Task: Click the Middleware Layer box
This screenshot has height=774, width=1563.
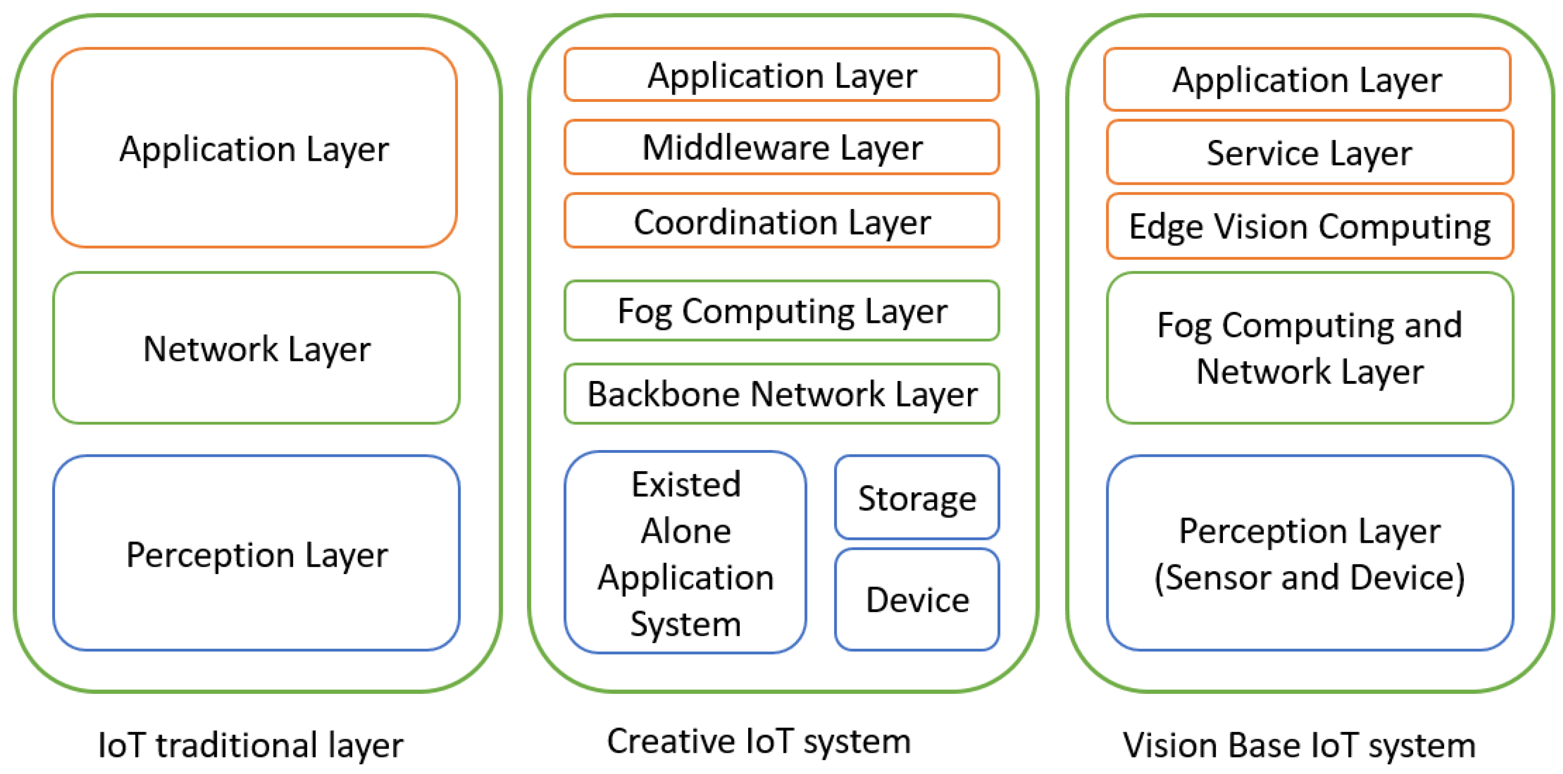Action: point(781,147)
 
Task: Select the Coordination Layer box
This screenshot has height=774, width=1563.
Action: point(781,222)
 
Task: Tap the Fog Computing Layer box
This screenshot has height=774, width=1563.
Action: point(781,310)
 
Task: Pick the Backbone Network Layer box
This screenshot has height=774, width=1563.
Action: point(781,394)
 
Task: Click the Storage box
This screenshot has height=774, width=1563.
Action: point(917,498)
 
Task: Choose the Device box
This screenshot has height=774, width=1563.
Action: point(917,599)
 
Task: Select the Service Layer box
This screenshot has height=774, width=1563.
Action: point(1309,152)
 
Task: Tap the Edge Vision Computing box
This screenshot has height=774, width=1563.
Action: point(1309,226)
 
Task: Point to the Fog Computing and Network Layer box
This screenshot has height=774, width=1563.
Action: point(1309,348)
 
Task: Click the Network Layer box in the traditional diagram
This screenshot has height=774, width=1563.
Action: point(256,348)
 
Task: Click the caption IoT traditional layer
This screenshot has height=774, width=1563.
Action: point(250,745)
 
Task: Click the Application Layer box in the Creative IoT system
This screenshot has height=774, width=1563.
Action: point(781,75)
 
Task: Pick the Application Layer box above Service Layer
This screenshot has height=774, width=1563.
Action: point(1307,80)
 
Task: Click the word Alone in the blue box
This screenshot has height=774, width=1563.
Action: point(686,531)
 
